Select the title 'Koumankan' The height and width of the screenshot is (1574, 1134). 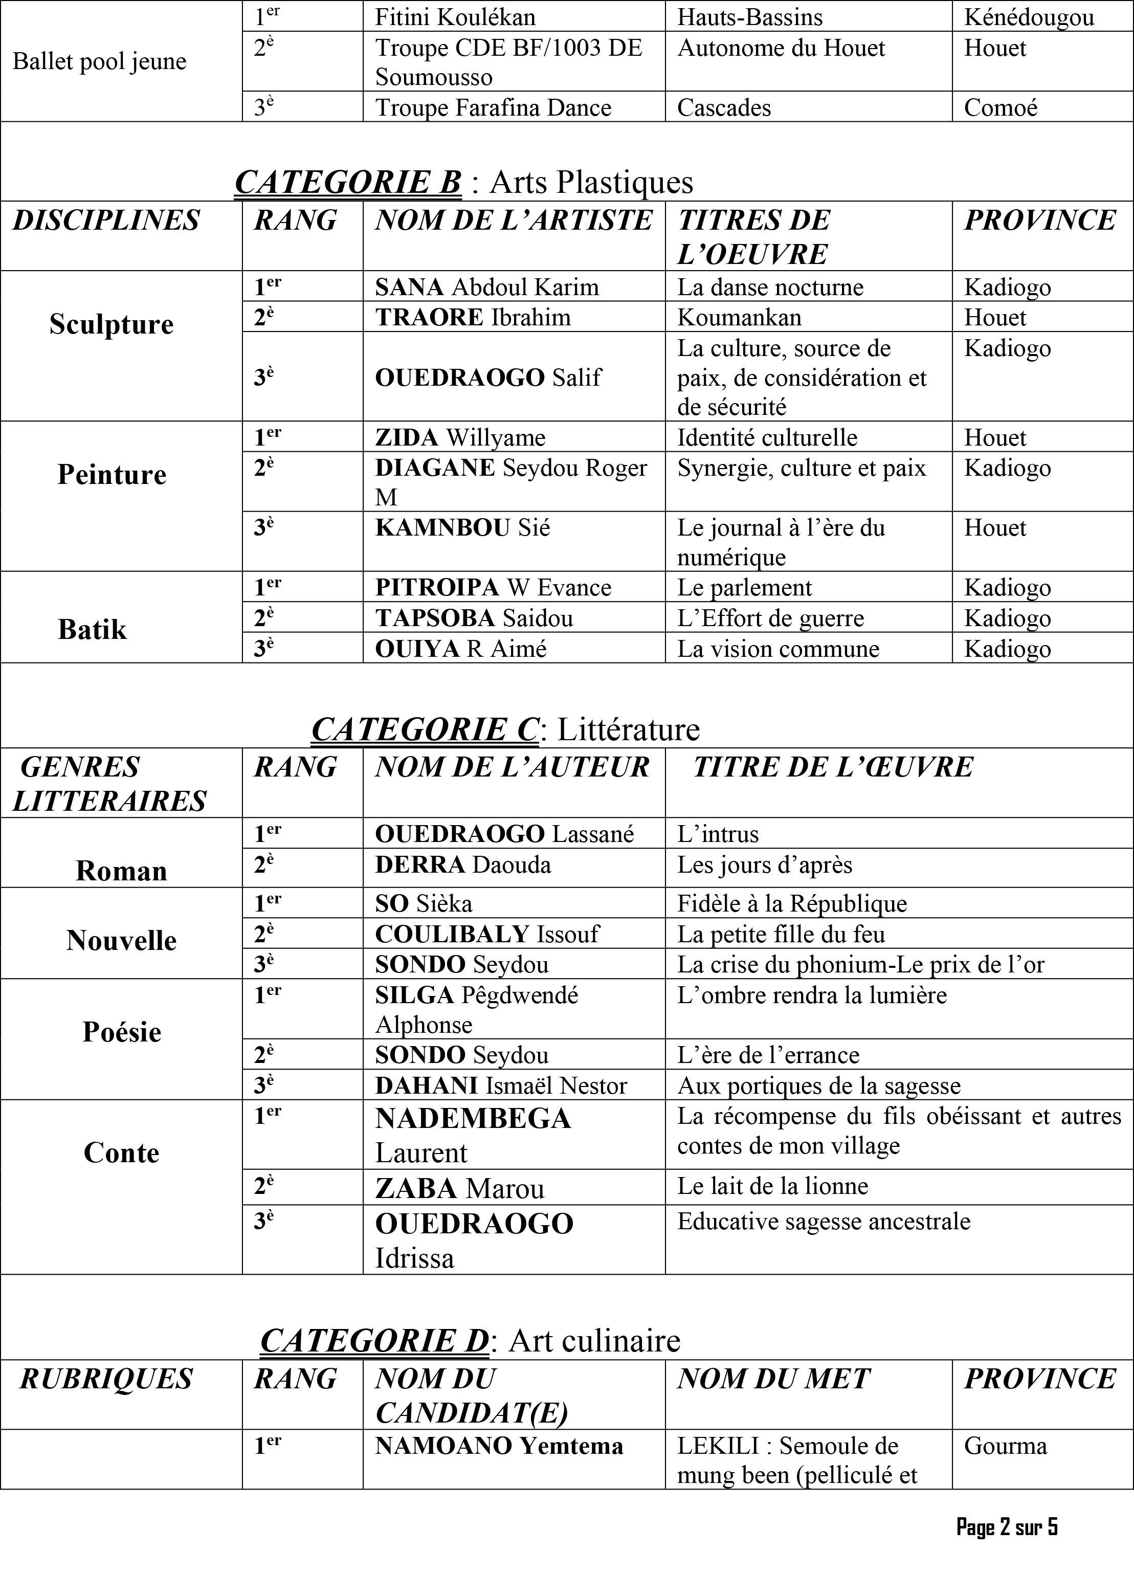(739, 318)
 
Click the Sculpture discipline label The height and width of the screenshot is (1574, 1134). (111, 324)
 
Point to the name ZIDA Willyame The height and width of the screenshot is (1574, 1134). (460, 438)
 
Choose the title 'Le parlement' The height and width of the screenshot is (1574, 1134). (744, 588)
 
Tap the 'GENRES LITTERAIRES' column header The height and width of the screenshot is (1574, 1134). (109, 784)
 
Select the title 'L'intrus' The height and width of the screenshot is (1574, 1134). (718, 833)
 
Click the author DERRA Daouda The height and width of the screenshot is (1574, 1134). (463, 864)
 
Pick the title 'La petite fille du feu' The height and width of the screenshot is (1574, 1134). (781, 934)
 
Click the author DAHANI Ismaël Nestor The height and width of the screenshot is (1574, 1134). (500, 1085)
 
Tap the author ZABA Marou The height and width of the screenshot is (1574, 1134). (459, 1188)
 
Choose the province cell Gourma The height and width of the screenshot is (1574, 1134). (1005, 1446)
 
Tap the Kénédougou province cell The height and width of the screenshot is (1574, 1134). (1029, 17)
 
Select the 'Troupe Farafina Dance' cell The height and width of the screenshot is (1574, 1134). (493, 107)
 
